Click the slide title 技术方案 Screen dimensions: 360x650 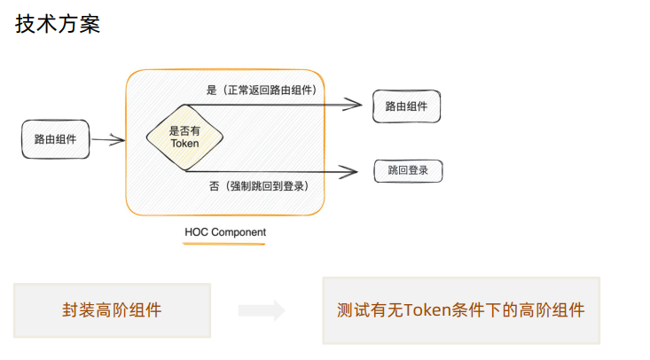coord(58,25)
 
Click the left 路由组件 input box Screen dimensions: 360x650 coord(55,139)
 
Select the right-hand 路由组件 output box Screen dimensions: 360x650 coord(406,106)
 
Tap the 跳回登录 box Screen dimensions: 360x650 coord(408,170)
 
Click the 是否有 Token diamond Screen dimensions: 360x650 coord(184,137)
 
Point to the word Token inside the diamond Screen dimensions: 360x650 coord(184,143)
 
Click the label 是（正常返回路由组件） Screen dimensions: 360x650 coord(262,90)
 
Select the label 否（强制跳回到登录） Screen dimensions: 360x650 coord(257,186)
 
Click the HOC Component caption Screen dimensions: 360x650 coord(225,232)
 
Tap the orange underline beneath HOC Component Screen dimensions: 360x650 coord(225,243)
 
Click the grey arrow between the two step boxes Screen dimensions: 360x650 coord(262,310)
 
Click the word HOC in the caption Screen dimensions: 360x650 coord(196,232)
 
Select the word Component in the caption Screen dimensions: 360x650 coord(239,232)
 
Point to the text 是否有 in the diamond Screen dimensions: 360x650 coord(184,130)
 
